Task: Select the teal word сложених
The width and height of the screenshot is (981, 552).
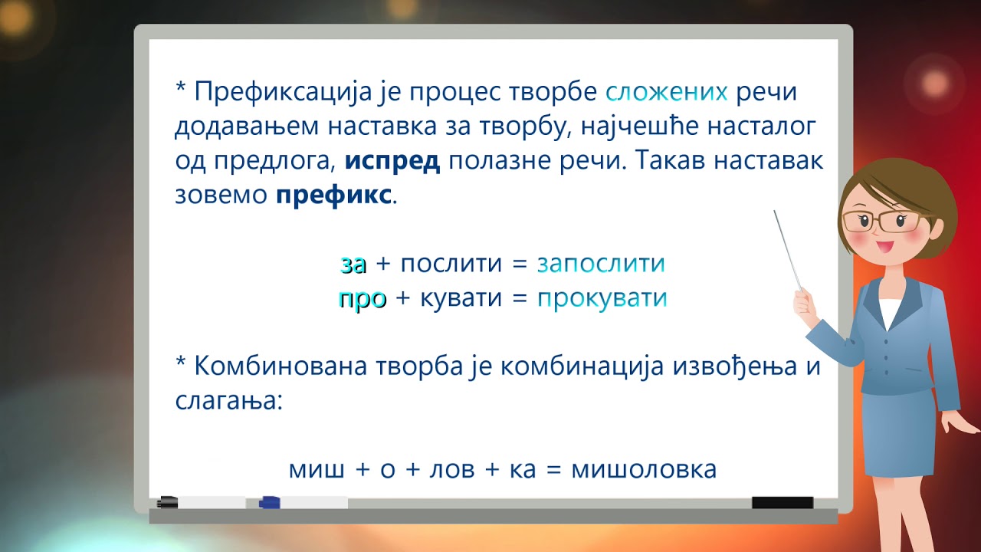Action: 666,92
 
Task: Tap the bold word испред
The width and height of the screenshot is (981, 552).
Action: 392,162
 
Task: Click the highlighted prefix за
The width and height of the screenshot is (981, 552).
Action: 353,264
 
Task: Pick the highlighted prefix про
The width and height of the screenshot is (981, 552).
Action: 362,298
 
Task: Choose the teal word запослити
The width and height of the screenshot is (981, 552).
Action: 601,264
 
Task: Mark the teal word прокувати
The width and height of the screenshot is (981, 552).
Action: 602,298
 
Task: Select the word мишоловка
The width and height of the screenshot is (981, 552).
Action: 644,469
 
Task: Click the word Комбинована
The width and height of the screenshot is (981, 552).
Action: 281,366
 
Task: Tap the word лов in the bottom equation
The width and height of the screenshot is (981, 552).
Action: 446,469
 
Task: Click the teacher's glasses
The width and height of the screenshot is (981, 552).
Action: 881,221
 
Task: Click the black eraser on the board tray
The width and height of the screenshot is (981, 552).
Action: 782,503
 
